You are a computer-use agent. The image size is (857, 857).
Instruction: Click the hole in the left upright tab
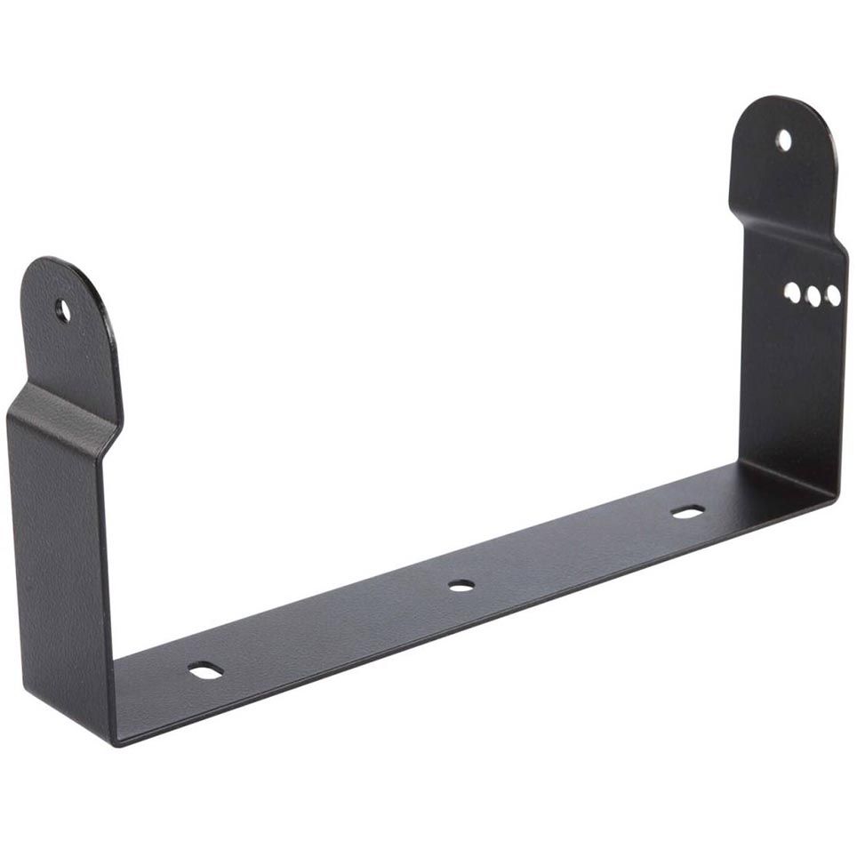coord(62,310)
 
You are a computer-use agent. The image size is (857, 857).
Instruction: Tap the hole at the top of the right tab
coord(783,140)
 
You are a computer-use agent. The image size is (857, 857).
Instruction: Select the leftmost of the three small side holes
coord(792,292)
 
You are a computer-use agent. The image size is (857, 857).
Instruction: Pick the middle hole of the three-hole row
coord(813,296)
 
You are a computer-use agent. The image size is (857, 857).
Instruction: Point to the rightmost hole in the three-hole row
coord(833,295)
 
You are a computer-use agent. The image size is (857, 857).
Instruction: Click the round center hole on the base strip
coord(461,585)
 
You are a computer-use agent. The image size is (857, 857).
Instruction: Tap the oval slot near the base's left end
coord(205,670)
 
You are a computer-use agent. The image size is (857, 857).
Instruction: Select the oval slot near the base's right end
coord(687,511)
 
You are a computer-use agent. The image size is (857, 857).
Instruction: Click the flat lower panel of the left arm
coord(58,569)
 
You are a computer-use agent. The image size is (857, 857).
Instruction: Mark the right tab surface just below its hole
coord(782,178)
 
